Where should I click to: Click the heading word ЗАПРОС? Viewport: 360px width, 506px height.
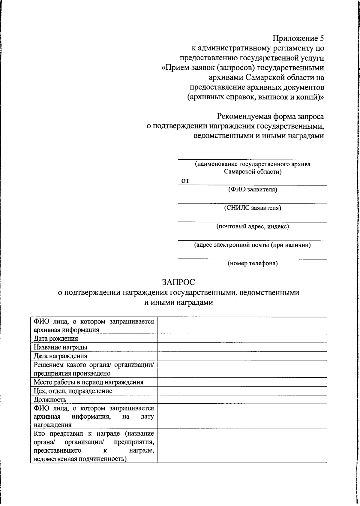tap(178, 282)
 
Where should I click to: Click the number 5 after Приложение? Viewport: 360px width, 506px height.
tap(322, 38)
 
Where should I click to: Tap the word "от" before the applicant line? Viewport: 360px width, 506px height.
tap(185, 181)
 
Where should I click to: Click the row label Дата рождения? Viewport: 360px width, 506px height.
tap(56, 339)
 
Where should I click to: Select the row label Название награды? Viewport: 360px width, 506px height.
tap(61, 347)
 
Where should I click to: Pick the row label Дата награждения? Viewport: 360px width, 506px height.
tap(61, 356)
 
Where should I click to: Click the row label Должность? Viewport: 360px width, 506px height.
tap(50, 400)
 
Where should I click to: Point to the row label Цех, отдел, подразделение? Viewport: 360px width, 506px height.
tap(73, 391)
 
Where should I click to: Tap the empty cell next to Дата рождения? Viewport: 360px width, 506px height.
tap(242, 339)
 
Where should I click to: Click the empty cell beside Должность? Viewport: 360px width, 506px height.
tap(242, 400)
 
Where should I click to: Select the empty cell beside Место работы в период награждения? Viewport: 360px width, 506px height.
tap(242, 382)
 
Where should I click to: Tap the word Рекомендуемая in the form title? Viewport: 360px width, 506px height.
tap(246, 116)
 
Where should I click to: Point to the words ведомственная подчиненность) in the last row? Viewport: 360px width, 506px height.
tap(80, 459)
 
